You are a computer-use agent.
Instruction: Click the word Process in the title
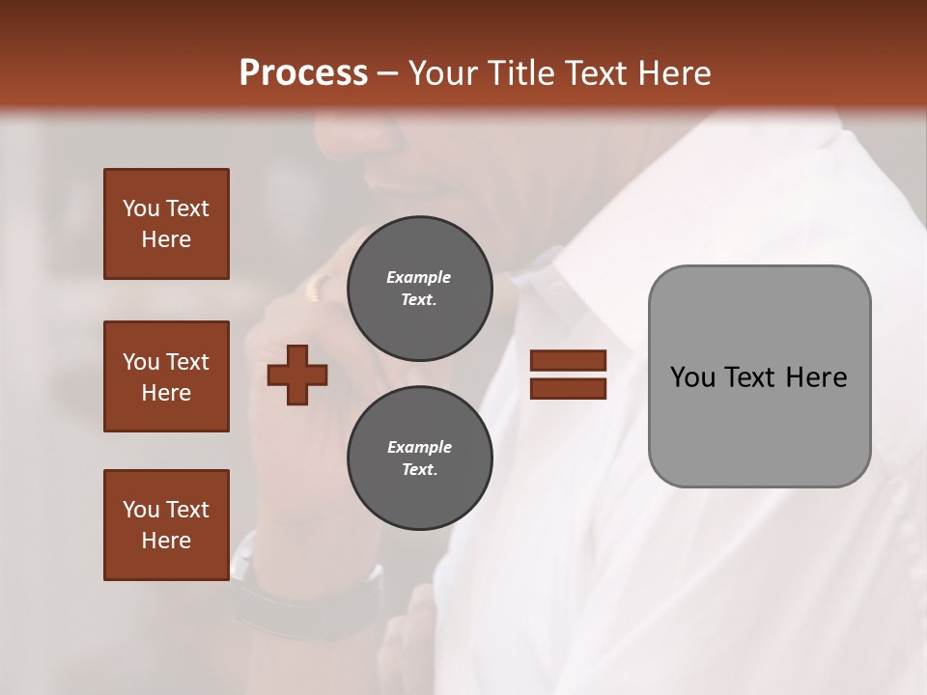click(x=303, y=73)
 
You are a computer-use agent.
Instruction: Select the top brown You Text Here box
click(x=166, y=224)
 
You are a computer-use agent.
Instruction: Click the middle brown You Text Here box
click(x=166, y=376)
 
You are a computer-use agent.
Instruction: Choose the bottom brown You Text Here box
click(x=166, y=525)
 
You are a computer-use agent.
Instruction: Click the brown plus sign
click(x=297, y=375)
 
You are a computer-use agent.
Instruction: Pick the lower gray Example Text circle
click(x=419, y=459)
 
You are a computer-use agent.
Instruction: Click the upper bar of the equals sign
click(x=568, y=361)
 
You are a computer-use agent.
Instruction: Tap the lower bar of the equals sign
click(x=568, y=389)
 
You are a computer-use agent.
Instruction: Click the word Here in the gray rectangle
click(x=816, y=377)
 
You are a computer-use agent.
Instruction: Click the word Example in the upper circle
click(x=419, y=277)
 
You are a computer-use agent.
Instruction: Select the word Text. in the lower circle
click(x=419, y=470)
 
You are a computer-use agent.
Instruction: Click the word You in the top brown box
click(x=140, y=208)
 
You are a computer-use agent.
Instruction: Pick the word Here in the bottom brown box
click(x=166, y=541)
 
